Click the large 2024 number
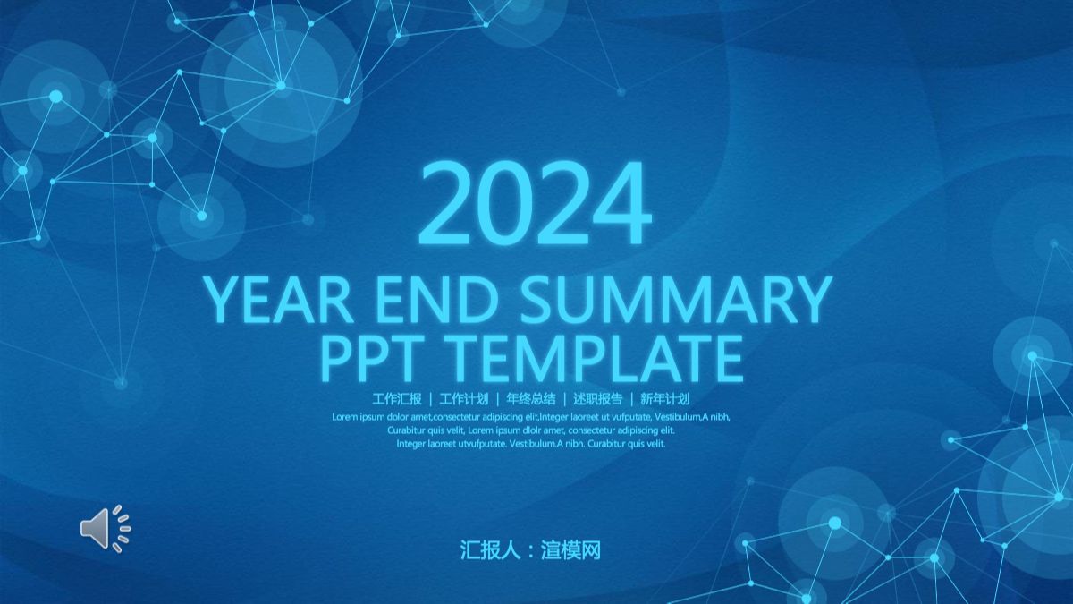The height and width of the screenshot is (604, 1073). coord(534,205)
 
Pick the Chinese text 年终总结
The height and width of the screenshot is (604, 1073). coord(530,399)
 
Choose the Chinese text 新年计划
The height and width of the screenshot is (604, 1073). coord(664,399)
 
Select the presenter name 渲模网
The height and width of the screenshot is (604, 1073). coord(570,550)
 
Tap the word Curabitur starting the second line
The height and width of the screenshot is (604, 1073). coord(406,430)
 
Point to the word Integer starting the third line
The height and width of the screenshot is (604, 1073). coord(412,444)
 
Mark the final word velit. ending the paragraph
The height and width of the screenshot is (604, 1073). coord(655,444)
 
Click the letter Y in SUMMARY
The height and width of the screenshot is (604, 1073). coord(811,301)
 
